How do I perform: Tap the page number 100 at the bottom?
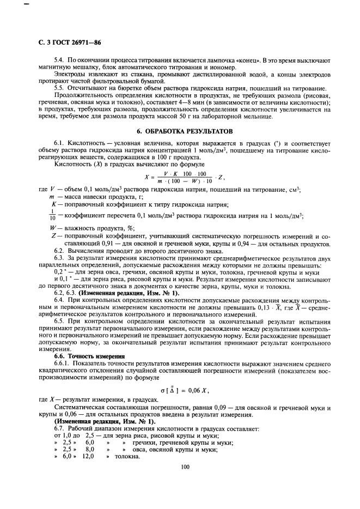click(x=186, y=466)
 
